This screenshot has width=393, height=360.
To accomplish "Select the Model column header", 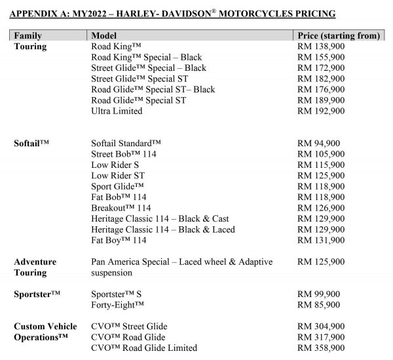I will point(105,35).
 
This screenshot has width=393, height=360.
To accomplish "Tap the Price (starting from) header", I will point(338,35).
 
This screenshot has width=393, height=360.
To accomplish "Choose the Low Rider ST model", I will point(118,176).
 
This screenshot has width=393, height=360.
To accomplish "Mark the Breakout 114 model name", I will point(121,208).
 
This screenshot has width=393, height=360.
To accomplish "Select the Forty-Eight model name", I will point(117,305).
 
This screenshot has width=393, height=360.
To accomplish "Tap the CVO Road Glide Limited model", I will point(144,348).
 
